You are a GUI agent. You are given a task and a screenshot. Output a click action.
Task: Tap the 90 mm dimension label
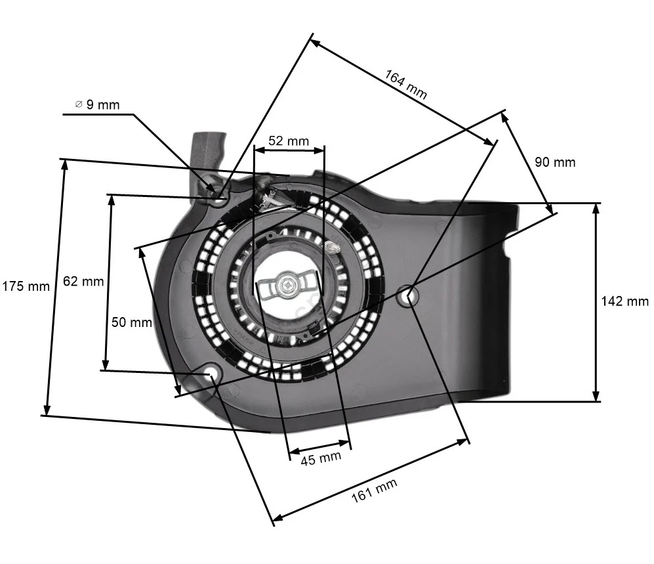[555, 162]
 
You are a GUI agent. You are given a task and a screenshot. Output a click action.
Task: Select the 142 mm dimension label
[624, 301]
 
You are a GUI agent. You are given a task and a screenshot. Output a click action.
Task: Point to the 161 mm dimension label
[375, 490]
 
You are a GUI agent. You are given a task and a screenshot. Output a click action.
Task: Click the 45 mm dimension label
[321, 458]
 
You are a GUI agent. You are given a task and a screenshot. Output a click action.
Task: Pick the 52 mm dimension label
[289, 141]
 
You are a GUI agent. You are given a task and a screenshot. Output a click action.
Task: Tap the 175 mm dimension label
[26, 286]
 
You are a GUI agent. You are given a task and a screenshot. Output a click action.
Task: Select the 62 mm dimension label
[83, 281]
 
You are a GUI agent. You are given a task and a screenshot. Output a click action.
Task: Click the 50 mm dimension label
[131, 322]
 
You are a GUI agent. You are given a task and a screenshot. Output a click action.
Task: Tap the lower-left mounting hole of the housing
[211, 375]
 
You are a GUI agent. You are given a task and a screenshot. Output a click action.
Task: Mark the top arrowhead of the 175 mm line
[64, 163]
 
